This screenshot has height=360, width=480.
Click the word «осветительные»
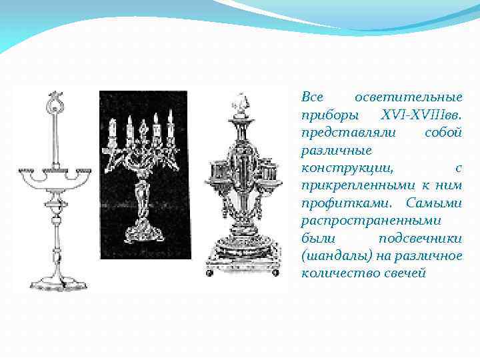point(417,97)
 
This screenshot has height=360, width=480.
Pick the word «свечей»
point(402,273)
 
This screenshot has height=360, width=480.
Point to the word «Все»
point(313,97)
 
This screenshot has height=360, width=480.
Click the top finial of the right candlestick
point(239,103)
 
